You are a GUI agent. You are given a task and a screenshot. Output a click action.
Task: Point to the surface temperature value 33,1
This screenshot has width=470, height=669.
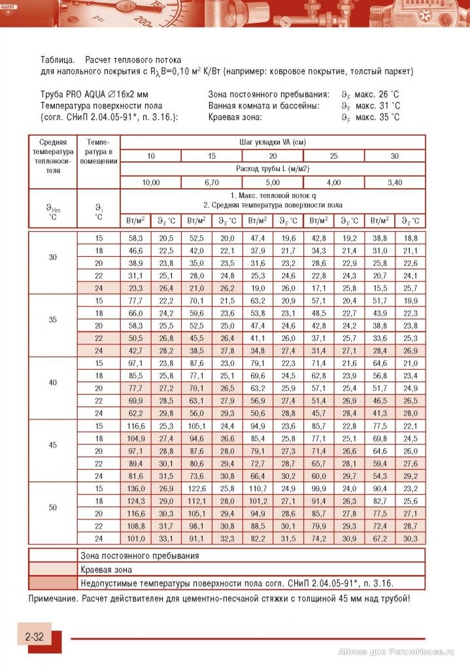point(166,539)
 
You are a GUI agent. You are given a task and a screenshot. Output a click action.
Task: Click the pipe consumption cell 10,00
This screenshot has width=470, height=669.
point(151,182)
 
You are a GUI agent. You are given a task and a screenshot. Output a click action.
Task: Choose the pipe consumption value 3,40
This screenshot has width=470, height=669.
point(395,182)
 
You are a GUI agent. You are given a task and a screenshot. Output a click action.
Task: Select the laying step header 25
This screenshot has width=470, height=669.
point(334,155)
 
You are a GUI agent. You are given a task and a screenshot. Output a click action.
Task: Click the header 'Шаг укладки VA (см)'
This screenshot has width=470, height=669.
point(273,142)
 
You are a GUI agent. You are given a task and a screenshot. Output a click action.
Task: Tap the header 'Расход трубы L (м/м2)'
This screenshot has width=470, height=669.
point(273,169)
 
